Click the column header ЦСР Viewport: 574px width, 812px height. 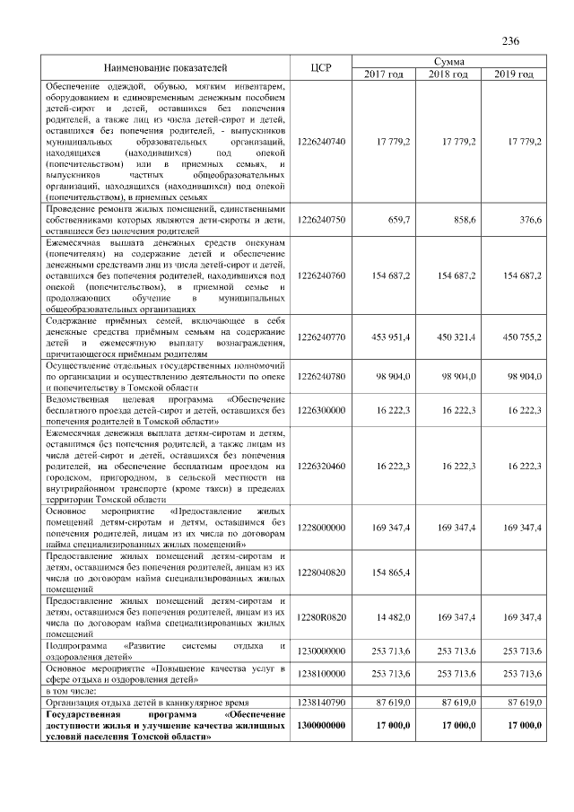click(x=320, y=66)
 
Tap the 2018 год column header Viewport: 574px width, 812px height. click(x=448, y=73)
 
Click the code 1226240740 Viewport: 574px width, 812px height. click(x=320, y=142)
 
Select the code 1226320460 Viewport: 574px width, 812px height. click(x=320, y=467)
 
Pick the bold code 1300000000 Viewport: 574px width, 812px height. click(x=320, y=724)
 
